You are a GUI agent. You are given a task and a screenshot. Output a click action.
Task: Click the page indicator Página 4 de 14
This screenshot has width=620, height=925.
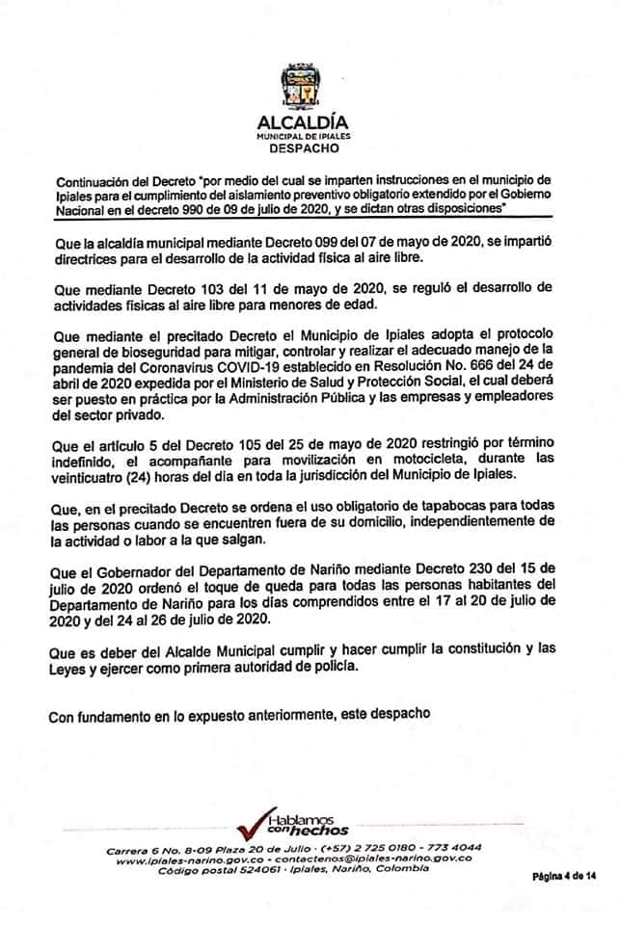point(564,876)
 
